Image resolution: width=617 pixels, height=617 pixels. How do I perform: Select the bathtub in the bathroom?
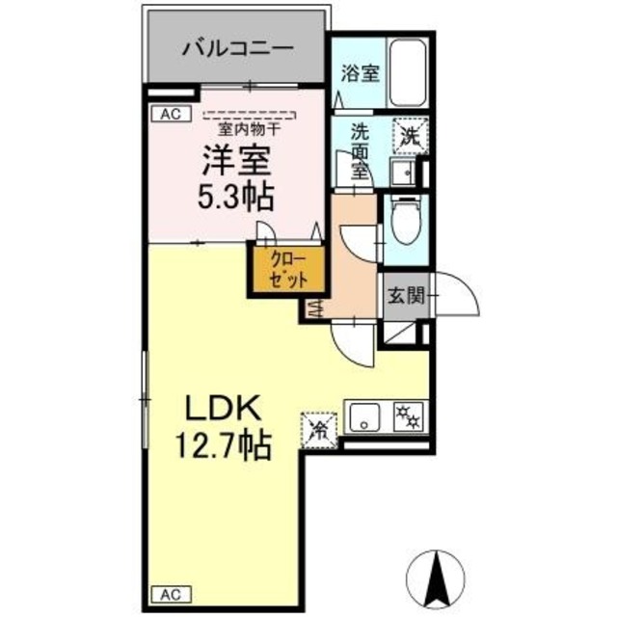[x=405, y=74]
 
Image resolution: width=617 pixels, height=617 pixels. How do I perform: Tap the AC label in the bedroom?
[x=170, y=114]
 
